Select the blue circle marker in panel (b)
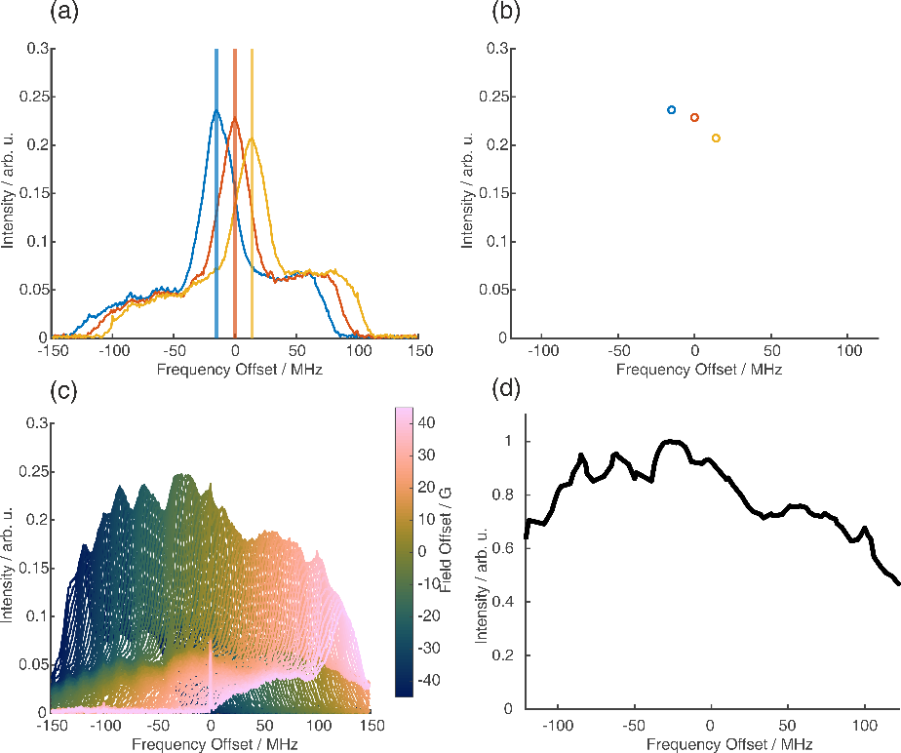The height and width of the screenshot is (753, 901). coord(671,110)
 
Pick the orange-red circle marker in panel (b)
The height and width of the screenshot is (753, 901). coord(694,118)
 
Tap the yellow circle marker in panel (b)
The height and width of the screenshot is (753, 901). coord(716,139)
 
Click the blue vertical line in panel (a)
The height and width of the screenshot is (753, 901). coord(216,195)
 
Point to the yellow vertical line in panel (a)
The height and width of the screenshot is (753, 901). coord(253,195)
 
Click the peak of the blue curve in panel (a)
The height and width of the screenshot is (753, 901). coord(216,110)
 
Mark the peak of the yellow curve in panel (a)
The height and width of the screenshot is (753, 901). coord(253,139)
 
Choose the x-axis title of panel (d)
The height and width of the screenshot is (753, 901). coord(711,745)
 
